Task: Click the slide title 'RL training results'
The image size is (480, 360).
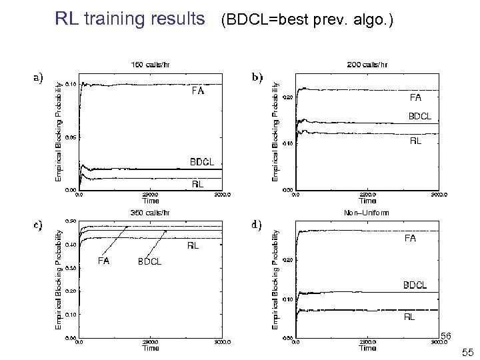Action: pos(130,19)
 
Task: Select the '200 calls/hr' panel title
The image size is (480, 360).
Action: pos(367,65)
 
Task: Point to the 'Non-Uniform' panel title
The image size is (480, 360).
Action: pos(367,213)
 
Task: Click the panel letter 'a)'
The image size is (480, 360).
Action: pos(39,77)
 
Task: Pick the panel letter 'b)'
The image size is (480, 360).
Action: pos(257,77)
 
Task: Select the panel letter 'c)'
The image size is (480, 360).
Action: pos(39,224)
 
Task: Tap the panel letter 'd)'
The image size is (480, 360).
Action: pos(257,224)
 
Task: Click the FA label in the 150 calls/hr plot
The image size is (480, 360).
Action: pos(199,91)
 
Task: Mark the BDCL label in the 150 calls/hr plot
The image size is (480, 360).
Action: pos(203,162)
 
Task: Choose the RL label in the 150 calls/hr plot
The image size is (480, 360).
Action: pos(198,184)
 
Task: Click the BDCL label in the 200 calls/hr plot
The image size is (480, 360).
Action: pos(419,117)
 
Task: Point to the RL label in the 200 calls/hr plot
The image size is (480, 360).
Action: pos(415,140)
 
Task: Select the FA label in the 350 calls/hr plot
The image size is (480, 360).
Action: pos(104,261)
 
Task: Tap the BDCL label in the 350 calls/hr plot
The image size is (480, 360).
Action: pos(149,261)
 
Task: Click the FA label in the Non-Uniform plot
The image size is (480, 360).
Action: pos(409,238)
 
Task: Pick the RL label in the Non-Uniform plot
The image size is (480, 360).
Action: pos(409,317)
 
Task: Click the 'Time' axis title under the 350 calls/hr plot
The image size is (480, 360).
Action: pos(151,348)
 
